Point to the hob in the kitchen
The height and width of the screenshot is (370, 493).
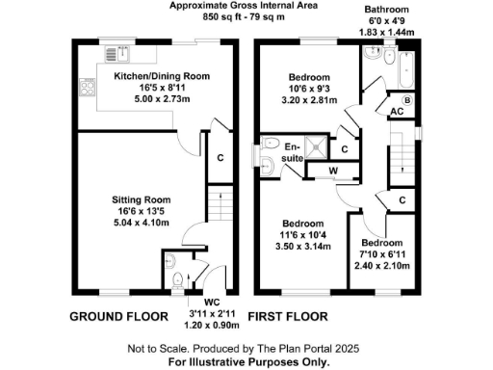click(85, 88)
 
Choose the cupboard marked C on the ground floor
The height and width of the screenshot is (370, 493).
click(220, 158)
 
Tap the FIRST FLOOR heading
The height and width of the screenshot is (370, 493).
click(288, 316)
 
